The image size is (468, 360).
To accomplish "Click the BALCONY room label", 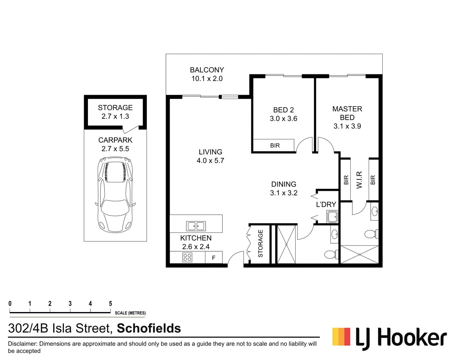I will tap(207, 70).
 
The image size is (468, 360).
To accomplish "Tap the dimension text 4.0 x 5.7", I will tap(210, 161).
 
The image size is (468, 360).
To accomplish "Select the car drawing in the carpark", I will tap(115, 195).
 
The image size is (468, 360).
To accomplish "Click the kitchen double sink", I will tap(196, 226).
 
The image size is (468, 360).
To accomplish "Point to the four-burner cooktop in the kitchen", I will tap(187, 257).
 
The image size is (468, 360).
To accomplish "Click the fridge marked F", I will tap(214, 258).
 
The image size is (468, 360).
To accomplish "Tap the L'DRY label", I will tap(326, 205).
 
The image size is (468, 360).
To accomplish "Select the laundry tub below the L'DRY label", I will tap(332, 217).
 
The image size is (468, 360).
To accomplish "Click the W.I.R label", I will tap(359, 180).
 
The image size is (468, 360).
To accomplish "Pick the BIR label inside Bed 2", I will tap(275, 146).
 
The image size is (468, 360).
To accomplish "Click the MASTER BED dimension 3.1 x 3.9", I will tap(347, 126).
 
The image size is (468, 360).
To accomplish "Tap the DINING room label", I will tap(284, 184).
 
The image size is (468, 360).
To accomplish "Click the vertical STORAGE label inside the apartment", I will tap(260, 243).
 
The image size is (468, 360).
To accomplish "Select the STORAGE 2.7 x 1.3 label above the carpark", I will tap(115, 112).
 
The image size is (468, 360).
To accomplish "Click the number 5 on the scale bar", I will tap(110, 304).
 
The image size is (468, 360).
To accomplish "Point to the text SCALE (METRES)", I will tap(130, 313).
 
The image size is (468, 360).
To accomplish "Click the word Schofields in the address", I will tap(149, 328).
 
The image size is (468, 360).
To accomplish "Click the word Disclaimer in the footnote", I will tap(22, 344).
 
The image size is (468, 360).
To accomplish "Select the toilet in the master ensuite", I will tap(370, 234).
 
